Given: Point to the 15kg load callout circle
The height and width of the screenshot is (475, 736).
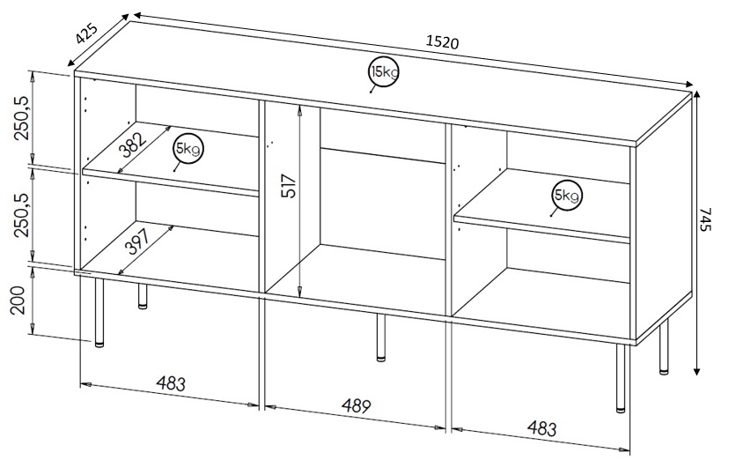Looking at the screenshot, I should [383, 73].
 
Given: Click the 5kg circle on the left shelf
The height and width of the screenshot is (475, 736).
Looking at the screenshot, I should [188, 150].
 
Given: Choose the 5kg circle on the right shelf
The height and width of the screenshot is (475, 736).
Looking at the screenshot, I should [565, 195].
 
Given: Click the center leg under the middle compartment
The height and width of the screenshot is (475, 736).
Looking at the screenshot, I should [380, 338].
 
